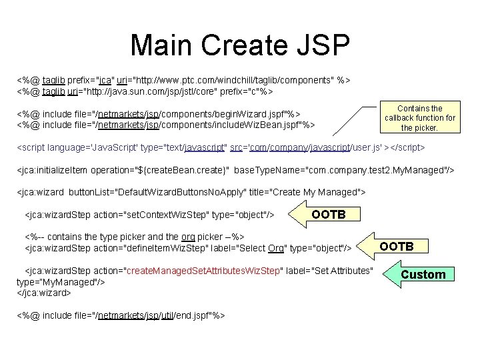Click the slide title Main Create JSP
pyautogui.click(x=239, y=45)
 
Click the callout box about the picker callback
pyautogui.click(x=419, y=118)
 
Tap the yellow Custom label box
pyautogui.click(x=423, y=274)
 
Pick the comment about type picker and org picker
pyautogui.click(x=134, y=237)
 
